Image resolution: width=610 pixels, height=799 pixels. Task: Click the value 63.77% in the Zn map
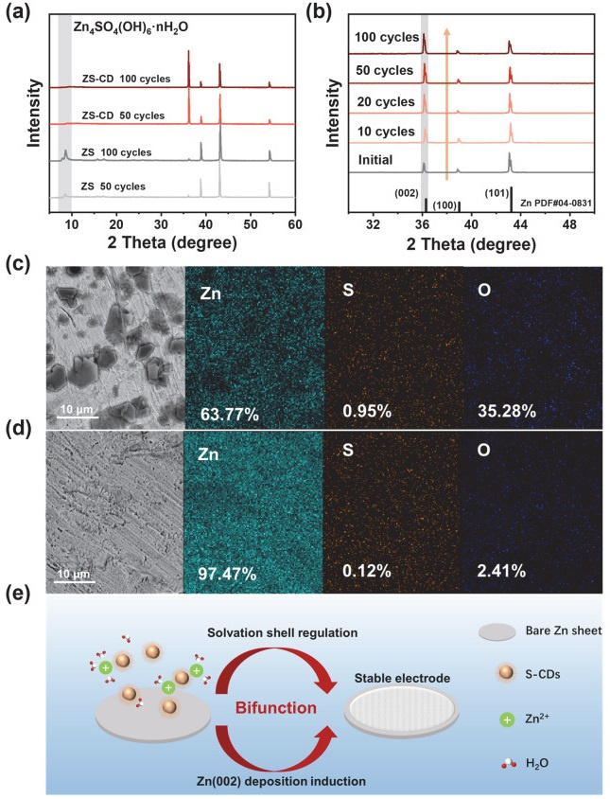227,412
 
